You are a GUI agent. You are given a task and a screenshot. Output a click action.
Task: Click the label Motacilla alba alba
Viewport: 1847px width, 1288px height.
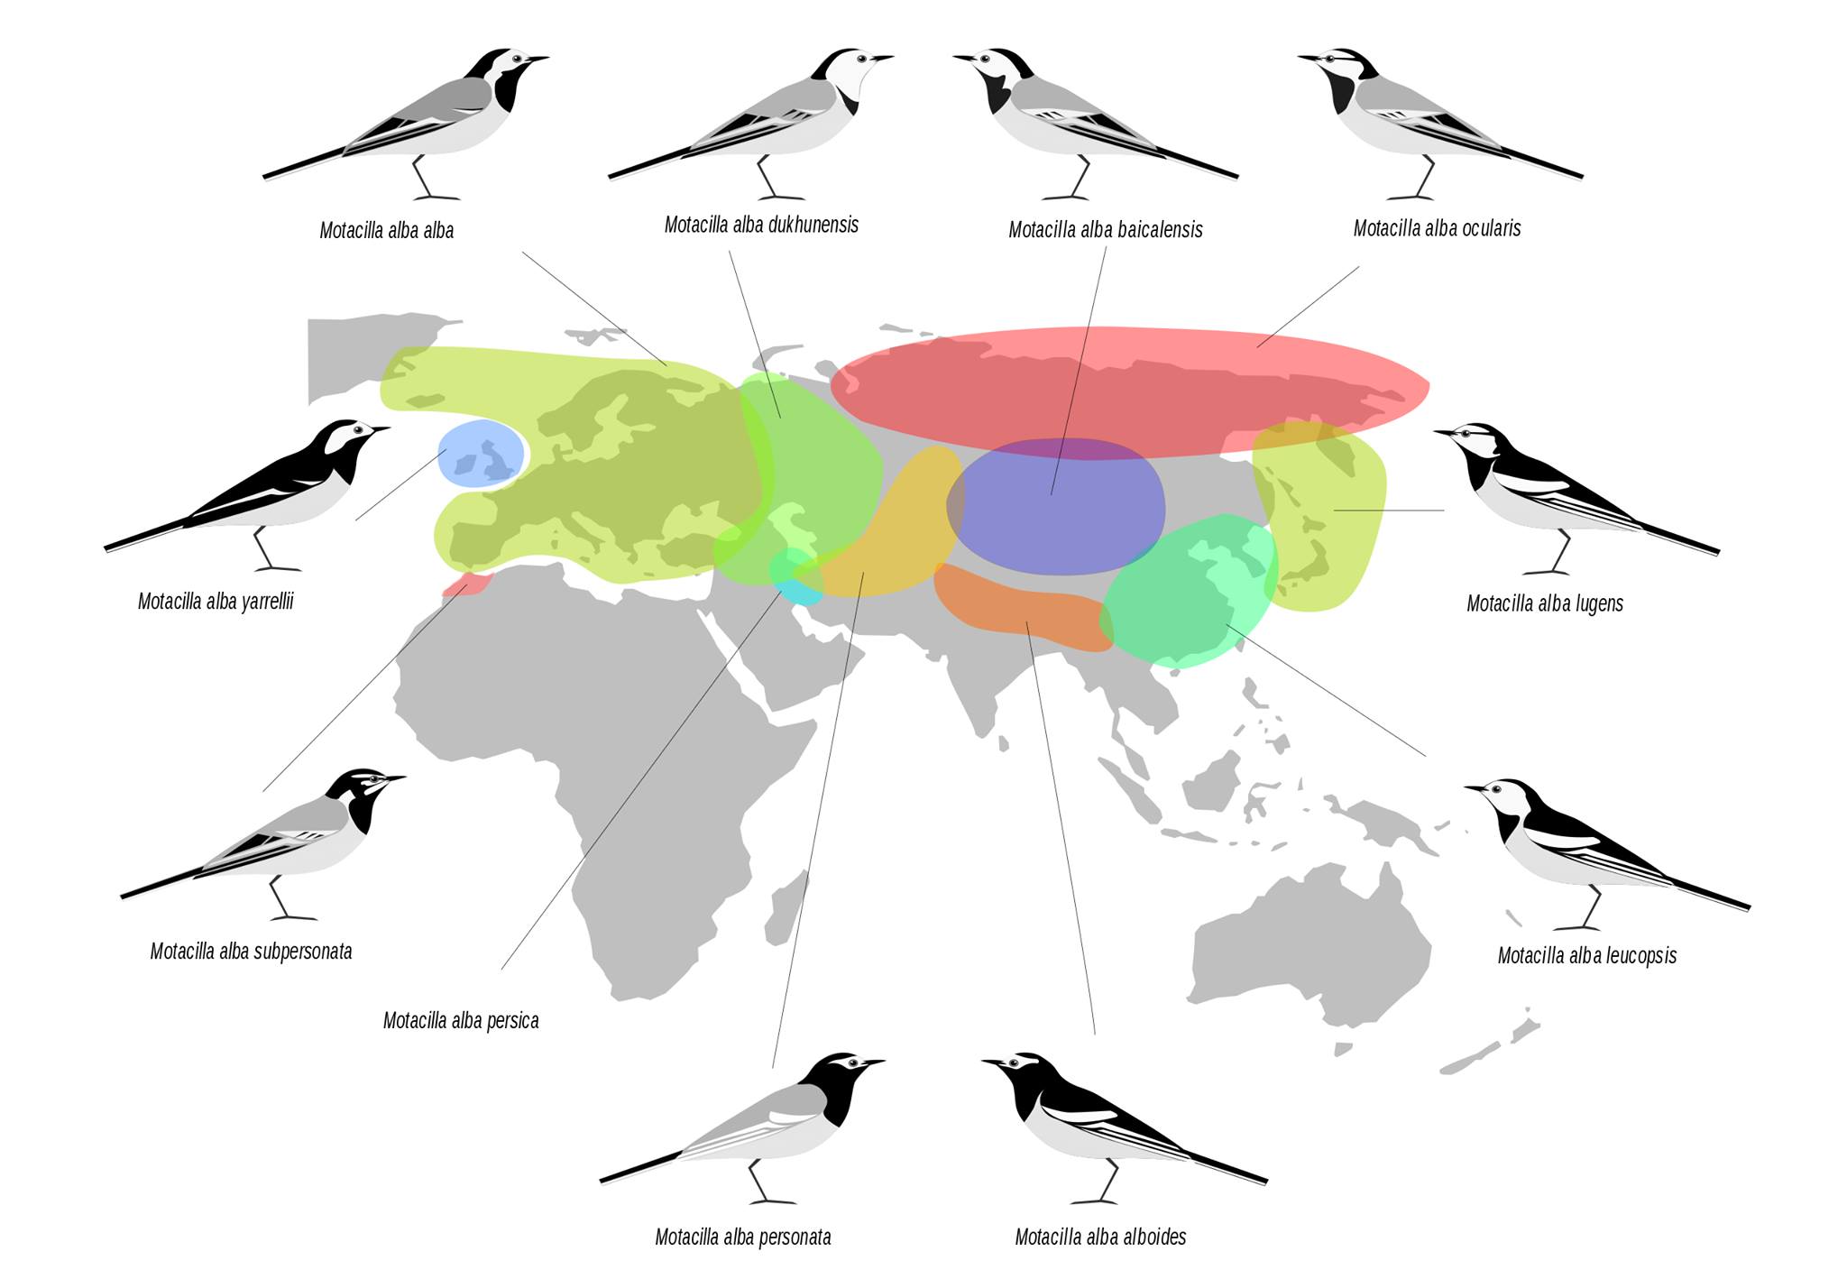tap(386, 231)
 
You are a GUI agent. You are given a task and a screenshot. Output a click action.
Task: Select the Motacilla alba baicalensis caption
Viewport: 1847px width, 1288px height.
tap(1105, 230)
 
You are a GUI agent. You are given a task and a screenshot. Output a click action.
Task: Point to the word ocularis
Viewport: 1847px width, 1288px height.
tap(1491, 228)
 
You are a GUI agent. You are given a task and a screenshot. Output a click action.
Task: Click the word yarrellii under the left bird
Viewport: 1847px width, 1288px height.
tap(268, 602)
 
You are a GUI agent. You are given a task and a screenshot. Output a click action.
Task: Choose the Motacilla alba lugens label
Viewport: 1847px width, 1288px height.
tap(1544, 603)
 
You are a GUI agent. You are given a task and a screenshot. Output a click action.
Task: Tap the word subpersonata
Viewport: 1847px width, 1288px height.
tap(302, 952)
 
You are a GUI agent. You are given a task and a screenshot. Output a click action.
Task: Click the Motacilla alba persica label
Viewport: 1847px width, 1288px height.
tap(460, 1021)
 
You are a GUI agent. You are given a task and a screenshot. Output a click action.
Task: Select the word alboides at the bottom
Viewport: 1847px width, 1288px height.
tap(1153, 1237)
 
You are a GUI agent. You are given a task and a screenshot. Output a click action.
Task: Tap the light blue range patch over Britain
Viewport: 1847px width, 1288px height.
tap(481, 454)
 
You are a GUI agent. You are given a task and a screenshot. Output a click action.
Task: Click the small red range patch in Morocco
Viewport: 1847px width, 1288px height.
tap(466, 584)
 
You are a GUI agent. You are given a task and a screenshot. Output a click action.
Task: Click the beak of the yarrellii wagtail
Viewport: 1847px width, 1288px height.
tap(380, 429)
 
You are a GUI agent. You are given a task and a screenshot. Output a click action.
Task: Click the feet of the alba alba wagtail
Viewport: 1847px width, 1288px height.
tap(436, 197)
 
